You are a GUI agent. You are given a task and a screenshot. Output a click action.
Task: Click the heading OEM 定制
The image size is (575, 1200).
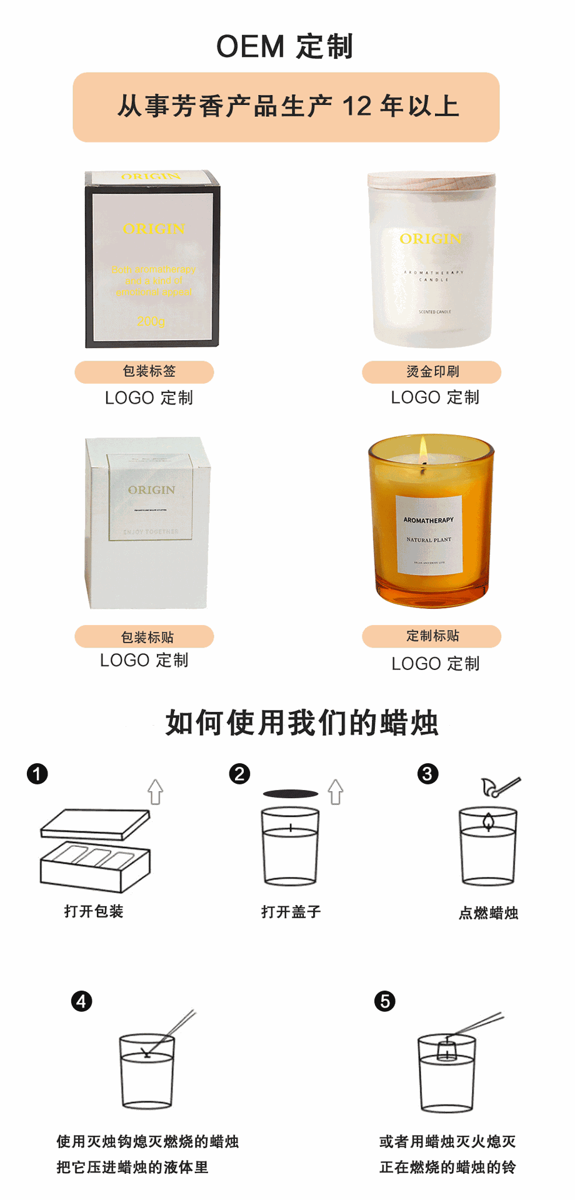285,47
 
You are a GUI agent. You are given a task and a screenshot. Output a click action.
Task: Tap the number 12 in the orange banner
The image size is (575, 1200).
357,107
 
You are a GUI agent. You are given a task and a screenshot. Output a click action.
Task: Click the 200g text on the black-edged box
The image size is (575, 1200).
151,321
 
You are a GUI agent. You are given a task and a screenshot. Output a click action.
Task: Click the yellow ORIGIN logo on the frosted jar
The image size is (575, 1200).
431,239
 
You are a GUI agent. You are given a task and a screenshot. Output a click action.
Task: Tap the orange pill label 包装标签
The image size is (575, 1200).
144,372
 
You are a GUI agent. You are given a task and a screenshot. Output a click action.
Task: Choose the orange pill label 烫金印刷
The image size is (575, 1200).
432,372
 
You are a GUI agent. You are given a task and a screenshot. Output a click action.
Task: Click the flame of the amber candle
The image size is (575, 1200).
423,448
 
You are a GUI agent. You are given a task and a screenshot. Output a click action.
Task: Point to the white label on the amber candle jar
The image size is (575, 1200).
429,534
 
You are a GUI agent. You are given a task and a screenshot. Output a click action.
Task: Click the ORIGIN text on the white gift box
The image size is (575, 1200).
152,490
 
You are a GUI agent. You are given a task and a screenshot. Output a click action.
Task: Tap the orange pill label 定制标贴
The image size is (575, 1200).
432,636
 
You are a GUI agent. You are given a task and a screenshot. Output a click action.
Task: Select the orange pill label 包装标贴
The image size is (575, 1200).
144,637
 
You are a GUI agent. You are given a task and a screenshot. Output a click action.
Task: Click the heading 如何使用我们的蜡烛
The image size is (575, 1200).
302,723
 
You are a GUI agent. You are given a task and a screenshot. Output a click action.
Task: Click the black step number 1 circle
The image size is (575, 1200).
37,774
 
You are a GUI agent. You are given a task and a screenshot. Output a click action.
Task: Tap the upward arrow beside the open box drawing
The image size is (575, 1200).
156,792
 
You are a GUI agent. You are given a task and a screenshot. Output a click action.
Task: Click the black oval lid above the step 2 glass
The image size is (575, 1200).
291,794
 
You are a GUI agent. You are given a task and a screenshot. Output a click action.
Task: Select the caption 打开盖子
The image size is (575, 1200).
291,912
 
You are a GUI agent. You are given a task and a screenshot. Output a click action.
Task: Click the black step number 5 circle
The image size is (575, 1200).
384,1001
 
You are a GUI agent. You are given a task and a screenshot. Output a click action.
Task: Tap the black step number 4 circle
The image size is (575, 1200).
81,1001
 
